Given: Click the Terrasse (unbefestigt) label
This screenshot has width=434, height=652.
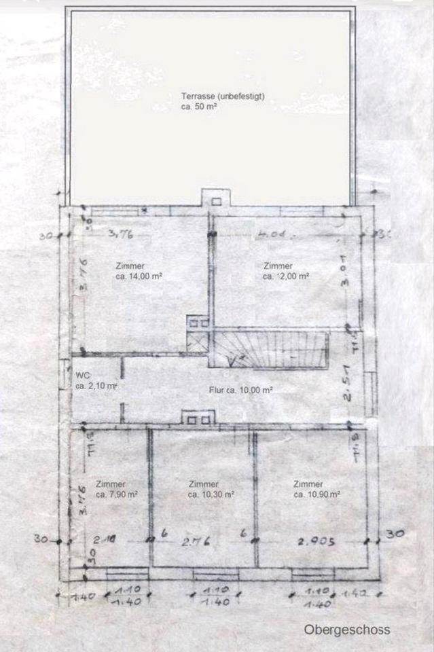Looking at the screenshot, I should coord(222,96).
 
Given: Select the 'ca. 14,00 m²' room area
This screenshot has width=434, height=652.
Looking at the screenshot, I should coord(138,276).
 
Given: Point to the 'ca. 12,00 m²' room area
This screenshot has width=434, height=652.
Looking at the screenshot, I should coord(286,276).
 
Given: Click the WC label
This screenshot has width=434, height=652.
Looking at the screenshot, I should coord(83,376).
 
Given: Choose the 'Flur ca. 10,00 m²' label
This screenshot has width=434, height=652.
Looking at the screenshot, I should coord(240,391).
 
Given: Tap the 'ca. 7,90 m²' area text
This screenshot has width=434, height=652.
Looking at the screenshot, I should coord(116,495).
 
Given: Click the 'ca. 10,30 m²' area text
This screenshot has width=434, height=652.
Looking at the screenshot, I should coord(211,495).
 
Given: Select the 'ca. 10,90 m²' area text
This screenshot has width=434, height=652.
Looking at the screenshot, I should coord(317,495).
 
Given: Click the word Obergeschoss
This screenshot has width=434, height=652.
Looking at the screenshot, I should coord(347,630).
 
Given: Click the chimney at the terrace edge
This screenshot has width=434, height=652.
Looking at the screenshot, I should coord(216,198).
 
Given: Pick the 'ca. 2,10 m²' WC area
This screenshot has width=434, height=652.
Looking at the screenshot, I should coord(97,386).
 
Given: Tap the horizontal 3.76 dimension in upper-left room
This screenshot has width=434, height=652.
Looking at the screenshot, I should coord(121,236).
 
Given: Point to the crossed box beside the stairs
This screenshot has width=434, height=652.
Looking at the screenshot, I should coord(197,342).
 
